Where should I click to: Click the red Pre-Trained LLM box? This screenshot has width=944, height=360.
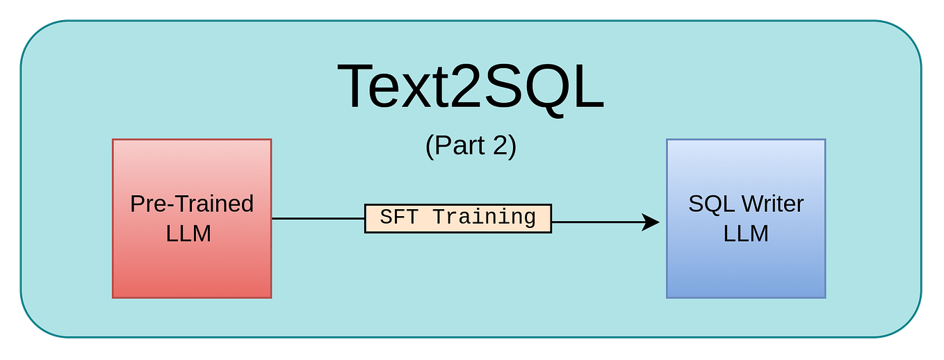tap(192, 264)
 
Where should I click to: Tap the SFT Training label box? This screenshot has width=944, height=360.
tap(457, 218)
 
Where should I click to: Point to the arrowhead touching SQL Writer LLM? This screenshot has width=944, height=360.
tap(651, 222)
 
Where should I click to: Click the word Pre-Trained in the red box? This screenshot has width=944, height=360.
tap(192, 204)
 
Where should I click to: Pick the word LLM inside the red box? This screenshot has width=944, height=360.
tap(188, 234)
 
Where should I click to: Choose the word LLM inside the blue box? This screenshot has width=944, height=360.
tap(746, 234)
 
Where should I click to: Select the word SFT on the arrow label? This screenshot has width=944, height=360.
tap(398, 218)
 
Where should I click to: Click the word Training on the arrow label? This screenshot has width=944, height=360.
tap(484, 218)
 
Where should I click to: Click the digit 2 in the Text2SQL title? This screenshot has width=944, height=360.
tap(469, 87)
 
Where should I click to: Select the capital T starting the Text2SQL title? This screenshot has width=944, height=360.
tap(359, 87)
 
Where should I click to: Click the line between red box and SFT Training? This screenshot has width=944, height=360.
tap(318, 218)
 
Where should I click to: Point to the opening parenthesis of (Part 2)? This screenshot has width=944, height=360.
tap(429, 146)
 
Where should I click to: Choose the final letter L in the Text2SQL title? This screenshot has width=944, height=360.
tap(589, 87)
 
